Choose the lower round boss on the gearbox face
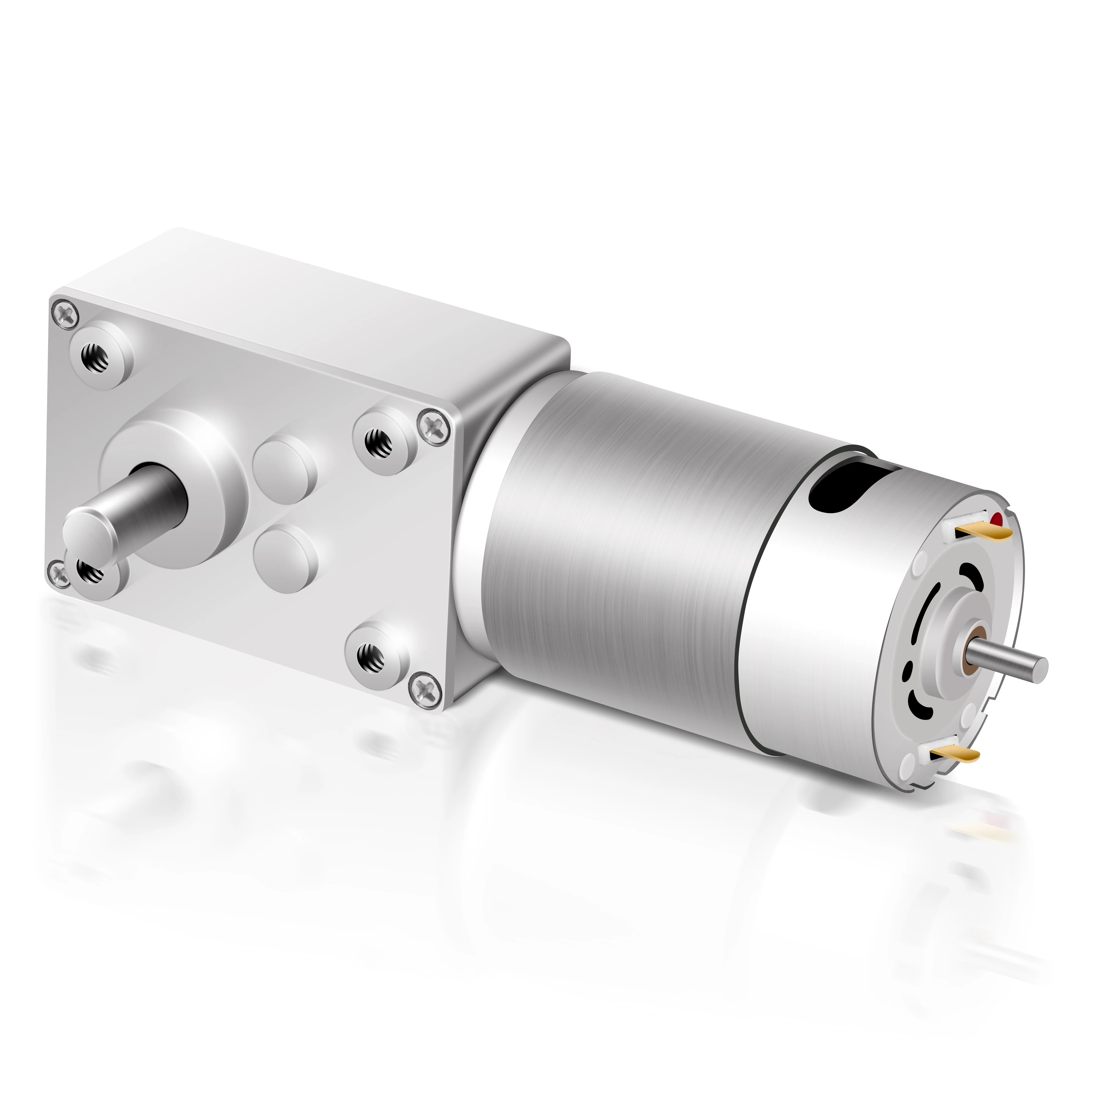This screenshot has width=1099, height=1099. [x=284, y=558]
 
